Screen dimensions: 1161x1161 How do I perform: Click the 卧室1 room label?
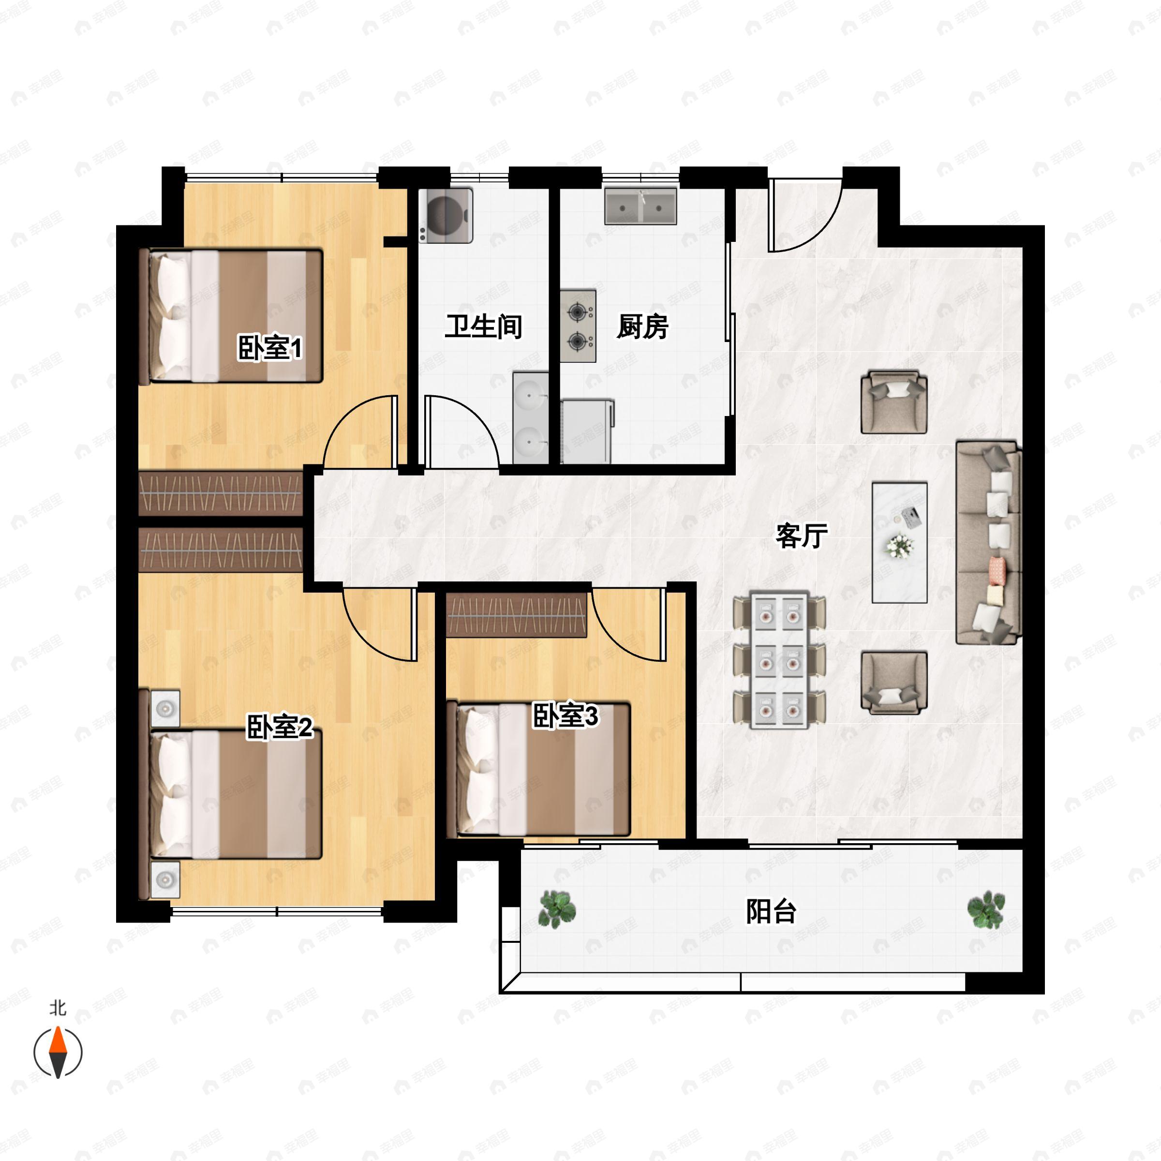tap(270, 348)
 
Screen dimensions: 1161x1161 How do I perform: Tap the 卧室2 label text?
tap(280, 727)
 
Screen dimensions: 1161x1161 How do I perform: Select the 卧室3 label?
tap(566, 716)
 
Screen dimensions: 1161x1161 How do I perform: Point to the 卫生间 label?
tap(483, 327)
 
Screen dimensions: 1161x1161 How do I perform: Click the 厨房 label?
tap(642, 327)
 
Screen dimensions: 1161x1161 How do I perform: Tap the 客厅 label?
tap(802, 536)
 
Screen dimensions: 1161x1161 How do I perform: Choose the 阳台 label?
tap(771, 911)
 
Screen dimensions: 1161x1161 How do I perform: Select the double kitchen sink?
tap(640, 206)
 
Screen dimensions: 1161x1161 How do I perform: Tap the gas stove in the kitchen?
tap(578, 327)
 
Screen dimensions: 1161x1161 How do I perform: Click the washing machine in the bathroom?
tap(446, 215)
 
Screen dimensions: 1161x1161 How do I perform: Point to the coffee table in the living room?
tap(900, 542)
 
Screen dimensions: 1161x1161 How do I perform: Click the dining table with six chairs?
tap(779, 660)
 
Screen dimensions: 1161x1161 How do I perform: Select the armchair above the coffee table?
tap(893, 402)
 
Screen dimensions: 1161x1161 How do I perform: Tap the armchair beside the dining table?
tap(893, 683)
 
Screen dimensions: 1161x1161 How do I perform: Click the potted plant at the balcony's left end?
tap(556, 909)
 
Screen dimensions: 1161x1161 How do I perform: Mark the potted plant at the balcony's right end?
tap(985, 909)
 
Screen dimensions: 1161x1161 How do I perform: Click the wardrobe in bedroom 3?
tap(517, 615)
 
